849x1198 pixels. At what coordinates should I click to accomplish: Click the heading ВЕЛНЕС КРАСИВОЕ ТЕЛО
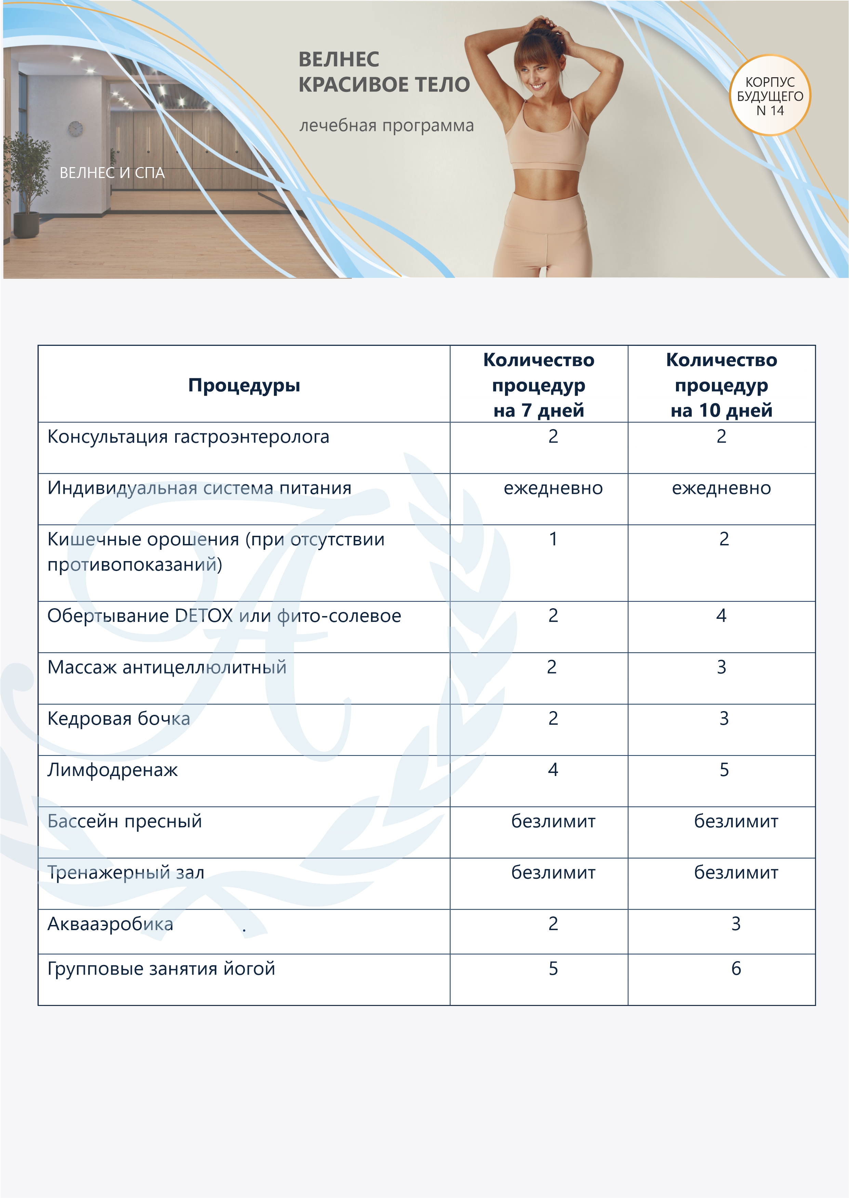click(x=383, y=72)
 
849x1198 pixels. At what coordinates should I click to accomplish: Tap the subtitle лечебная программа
click(x=386, y=126)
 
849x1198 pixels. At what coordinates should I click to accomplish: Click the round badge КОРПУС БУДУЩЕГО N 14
click(x=770, y=96)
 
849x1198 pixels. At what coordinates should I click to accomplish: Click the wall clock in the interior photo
click(x=75, y=128)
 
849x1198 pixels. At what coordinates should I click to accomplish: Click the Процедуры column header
click(x=244, y=385)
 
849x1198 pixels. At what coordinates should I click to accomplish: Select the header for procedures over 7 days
click(x=539, y=385)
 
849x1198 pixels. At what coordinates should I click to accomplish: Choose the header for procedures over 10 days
click(x=721, y=385)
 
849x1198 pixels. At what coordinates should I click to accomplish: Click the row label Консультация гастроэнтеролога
click(x=188, y=437)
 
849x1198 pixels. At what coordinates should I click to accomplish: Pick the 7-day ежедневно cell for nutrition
click(x=553, y=488)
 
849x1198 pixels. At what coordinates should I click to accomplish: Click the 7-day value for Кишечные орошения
click(x=553, y=539)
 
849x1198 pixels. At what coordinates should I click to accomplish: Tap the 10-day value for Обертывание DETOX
click(x=721, y=615)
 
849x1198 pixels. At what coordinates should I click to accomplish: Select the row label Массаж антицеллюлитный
click(x=167, y=667)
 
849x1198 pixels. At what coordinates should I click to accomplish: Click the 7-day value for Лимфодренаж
click(x=553, y=770)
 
